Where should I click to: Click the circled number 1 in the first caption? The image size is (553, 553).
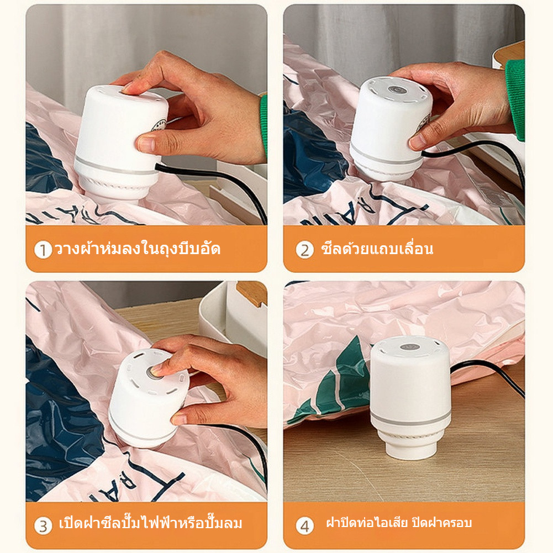pyautogui.click(x=43, y=250)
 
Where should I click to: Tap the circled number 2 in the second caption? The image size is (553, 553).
pyautogui.click(x=304, y=250)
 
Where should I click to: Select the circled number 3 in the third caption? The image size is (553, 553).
pyautogui.click(x=43, y=526)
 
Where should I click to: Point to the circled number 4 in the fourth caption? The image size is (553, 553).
pyautogui.click(x=304, y=526)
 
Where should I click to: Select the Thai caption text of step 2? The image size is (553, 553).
pyautogui.click(x=377, y=248)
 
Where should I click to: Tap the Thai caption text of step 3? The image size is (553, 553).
pyautogui.click(x=151, y=523)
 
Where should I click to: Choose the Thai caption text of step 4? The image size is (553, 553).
pyautogui.click(x=399, y=522)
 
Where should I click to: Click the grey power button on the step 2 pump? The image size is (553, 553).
pyautogui.click(x=397, y=89)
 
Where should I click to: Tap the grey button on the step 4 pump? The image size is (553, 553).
pyautogui.click(x=410, y=347)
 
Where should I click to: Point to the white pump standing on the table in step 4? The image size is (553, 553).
pyautogui.click(x=410, y=397)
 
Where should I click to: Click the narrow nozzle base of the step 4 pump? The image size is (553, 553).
pyautogui.click(x=411, y=448)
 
